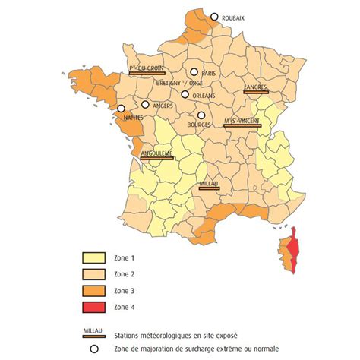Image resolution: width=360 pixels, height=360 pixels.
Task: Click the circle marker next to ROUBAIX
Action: (x=215, y=17)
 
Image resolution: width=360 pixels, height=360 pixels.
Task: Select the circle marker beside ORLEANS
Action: (x=185, y=95)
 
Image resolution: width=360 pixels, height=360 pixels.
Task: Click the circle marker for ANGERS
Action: (x=145, y=105)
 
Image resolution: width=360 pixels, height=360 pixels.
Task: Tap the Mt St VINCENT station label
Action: (x=242, y=122)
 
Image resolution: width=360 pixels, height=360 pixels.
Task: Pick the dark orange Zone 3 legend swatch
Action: (x=96, y=291)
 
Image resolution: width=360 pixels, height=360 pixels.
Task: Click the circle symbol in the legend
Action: (x=94, y=349)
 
